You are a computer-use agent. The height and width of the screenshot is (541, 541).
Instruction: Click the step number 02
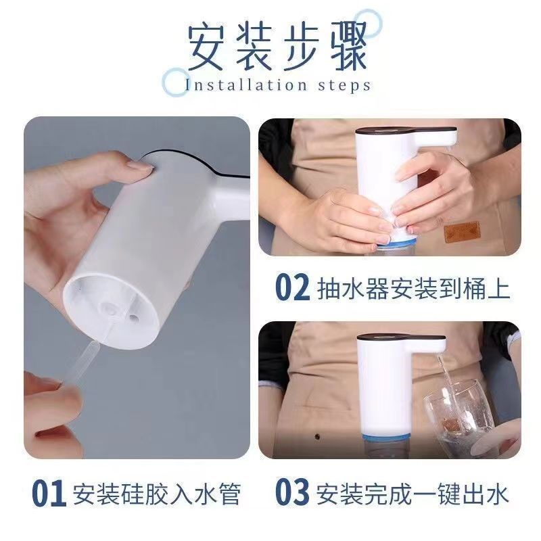pos(292,287)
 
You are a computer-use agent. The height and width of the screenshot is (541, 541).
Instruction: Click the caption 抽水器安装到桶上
pos(413,288)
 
